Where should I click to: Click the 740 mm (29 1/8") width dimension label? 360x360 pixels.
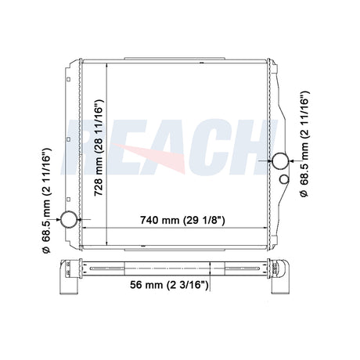182,220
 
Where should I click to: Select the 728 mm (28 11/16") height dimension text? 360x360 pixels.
99,147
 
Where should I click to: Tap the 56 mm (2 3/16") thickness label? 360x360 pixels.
169,285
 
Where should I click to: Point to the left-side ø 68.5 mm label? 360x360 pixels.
46,200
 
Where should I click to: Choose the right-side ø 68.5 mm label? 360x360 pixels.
304,144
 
